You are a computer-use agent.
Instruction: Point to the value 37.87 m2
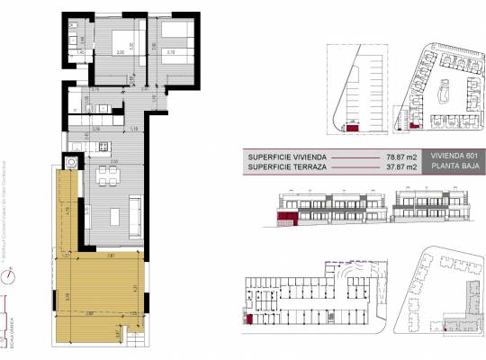(397, 166)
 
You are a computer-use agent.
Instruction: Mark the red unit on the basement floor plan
(248, 316)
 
